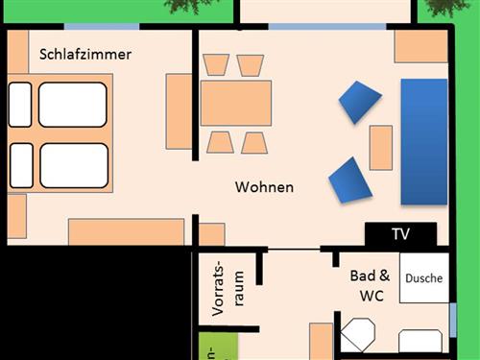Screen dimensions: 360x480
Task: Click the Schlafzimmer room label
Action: tap(84, 55)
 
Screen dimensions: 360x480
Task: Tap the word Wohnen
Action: tap(264, 187)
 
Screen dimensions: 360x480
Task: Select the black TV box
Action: tap(400, 234)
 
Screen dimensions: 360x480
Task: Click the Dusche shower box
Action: tap(423, 278)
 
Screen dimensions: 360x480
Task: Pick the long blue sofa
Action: tap(423, 141)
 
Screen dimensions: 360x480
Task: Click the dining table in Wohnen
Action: tap(236, 103)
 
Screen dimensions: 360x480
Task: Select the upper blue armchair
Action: tap(360, 103)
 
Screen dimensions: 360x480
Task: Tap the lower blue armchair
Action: tap(349, 180)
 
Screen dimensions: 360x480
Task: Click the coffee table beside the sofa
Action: tap(381, 147)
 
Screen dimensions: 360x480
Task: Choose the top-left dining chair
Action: tap(217, 65)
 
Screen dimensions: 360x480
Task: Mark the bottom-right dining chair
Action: tap(253, 142)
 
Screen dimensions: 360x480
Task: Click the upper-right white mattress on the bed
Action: tap(72, 104)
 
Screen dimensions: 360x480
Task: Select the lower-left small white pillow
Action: tap(20, 164)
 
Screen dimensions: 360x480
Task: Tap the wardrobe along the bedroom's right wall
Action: tap(180, 110)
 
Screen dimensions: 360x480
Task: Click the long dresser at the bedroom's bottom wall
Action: tap(126, 231)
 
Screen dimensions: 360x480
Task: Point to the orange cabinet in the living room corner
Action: tap(420, 45)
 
